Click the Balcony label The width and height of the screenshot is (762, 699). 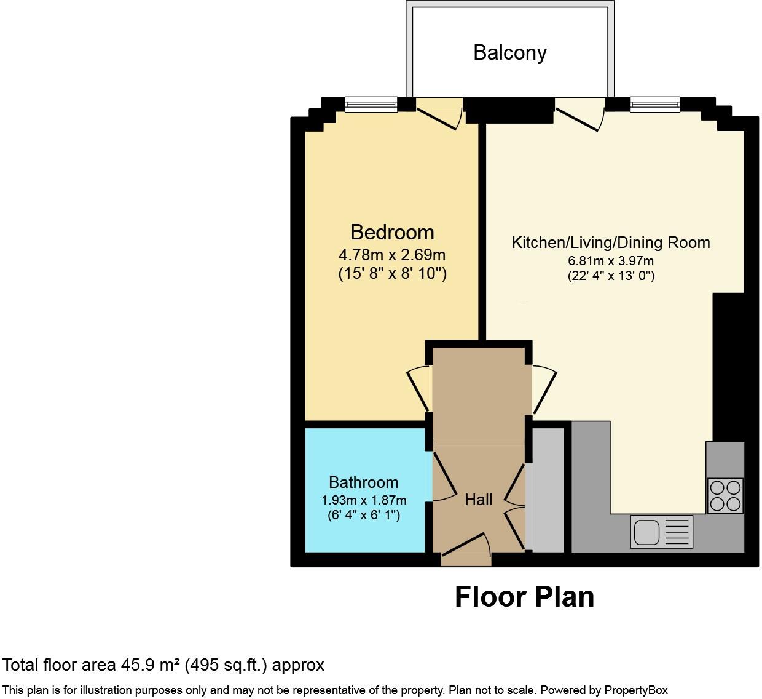[509, 53]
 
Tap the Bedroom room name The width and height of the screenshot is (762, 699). [392, 232]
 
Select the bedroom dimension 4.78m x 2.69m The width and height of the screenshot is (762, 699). [392, 254]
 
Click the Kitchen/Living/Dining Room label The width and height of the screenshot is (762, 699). [611, 242]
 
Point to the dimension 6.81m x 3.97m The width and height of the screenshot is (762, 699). [611, 261]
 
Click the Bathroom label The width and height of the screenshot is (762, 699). [363, 482]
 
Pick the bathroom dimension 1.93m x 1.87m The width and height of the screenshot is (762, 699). [363, 500]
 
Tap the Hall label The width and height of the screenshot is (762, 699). [478, 500]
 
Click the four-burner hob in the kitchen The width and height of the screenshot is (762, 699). [725, 496]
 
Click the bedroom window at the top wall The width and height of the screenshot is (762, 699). [371, 105]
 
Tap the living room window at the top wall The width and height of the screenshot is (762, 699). [654, 105]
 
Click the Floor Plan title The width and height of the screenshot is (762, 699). [524, 597]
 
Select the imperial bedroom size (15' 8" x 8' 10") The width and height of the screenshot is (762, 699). [392, 273]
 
